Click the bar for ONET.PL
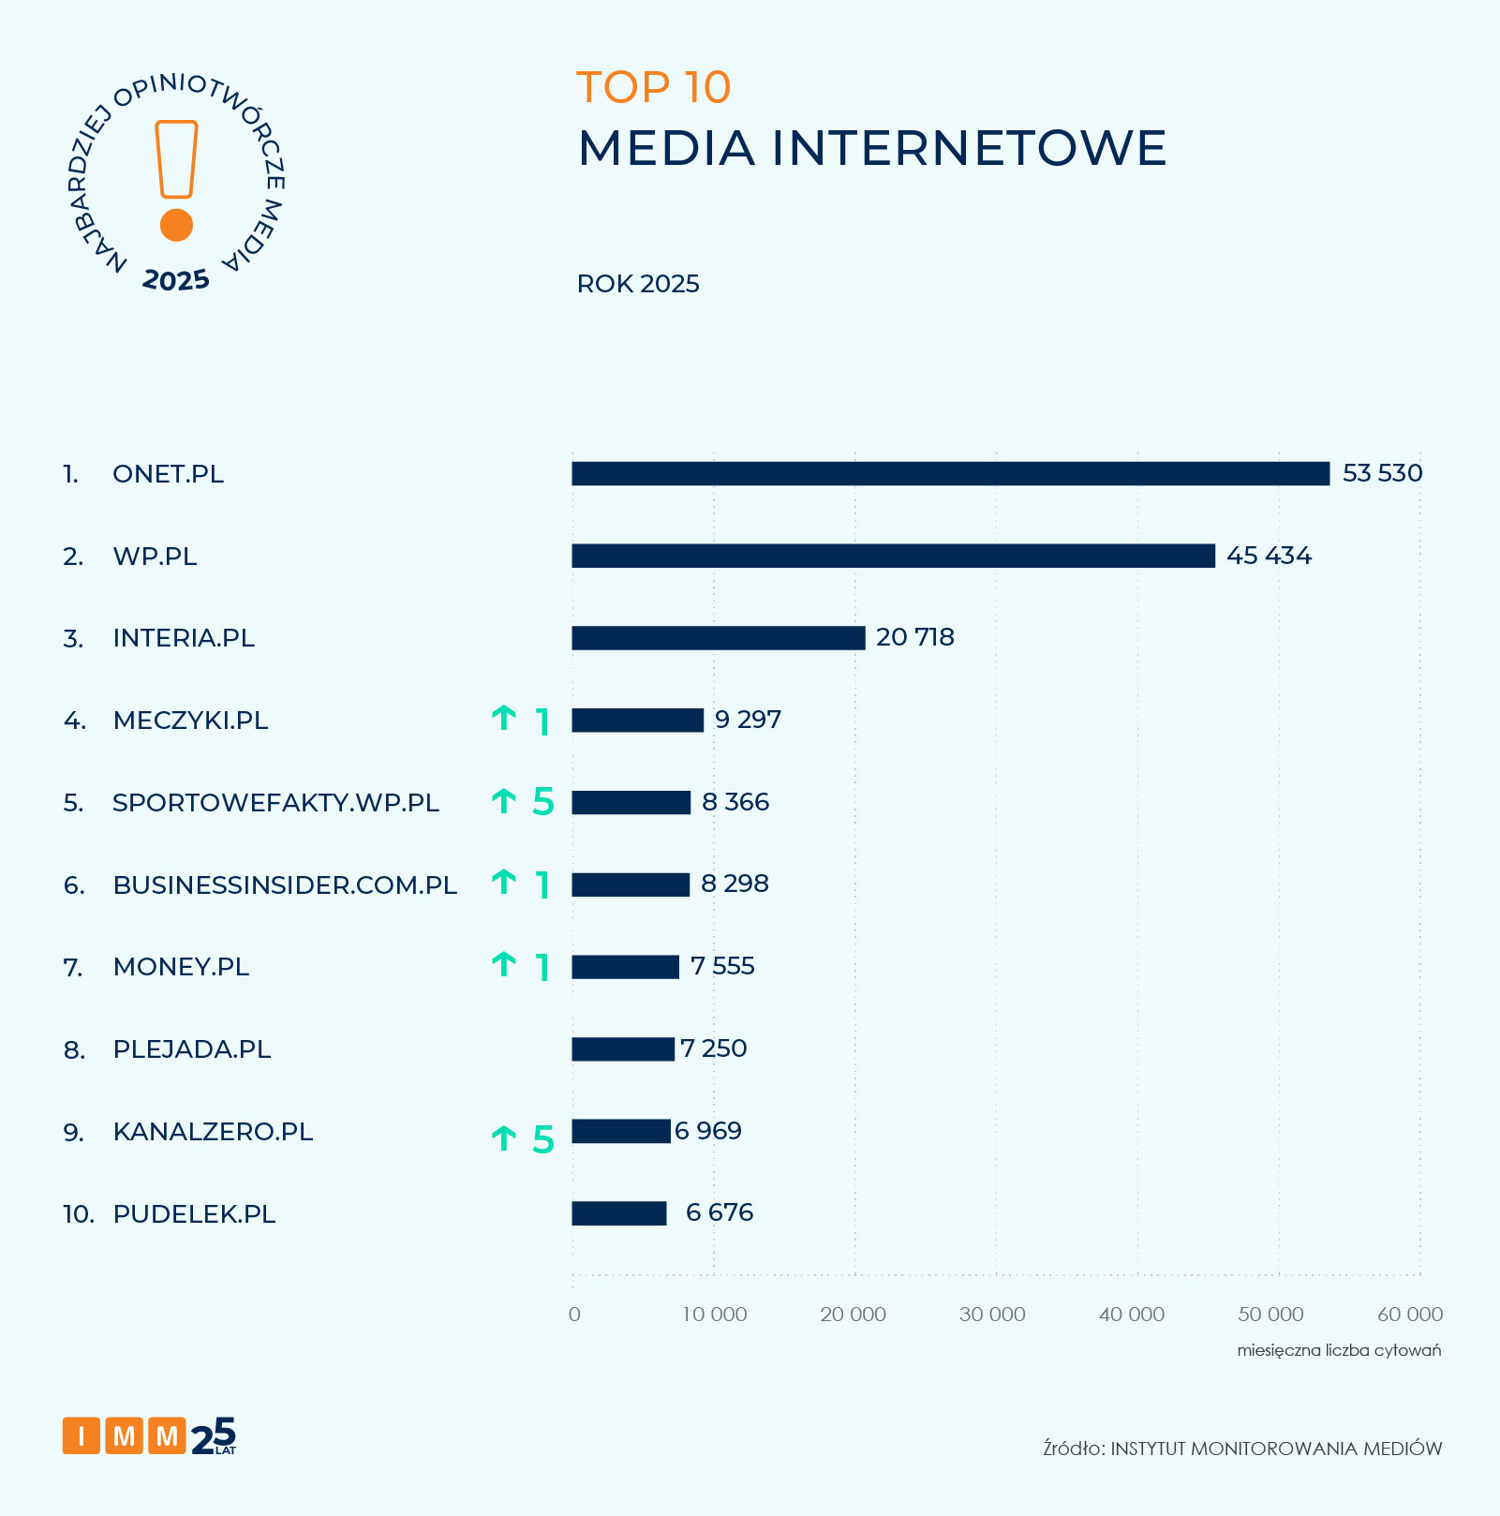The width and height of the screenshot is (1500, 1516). [x=950, y=474]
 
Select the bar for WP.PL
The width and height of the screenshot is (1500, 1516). [x=893, y=557]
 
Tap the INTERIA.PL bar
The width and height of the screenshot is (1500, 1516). [x=718, y=638]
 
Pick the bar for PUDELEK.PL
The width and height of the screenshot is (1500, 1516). [x=618, y=1213]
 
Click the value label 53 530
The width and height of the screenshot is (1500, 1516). [x=1382, y=473]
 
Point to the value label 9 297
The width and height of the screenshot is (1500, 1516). [x=748, y=720]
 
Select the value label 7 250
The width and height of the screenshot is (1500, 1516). [x=714, y=1048]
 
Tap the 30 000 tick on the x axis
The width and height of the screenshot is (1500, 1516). [x=992, y=1315]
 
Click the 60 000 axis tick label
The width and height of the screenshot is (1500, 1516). [x=1409, y=1315]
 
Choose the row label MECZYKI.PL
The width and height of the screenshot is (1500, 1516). [x=190, y=721]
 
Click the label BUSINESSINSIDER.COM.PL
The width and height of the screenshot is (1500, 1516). [x=285, y=885]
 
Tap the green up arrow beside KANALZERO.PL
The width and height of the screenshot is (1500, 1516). [x=504, y=1138]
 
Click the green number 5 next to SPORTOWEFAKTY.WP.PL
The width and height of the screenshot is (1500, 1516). [x=543, y=802]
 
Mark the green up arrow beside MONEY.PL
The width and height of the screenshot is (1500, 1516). [x=504, y=964]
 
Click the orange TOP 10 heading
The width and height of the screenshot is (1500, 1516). [x=653, y=88]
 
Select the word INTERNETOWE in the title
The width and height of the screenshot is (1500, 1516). [x=969, y=149]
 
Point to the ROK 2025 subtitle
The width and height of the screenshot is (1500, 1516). [x=638, y=285]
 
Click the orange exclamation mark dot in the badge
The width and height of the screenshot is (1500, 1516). [x=176, y=225]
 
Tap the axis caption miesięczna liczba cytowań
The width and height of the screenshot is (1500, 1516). [x=1339, y=1350]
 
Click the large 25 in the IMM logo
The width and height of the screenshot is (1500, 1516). [x=215, y=1436]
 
